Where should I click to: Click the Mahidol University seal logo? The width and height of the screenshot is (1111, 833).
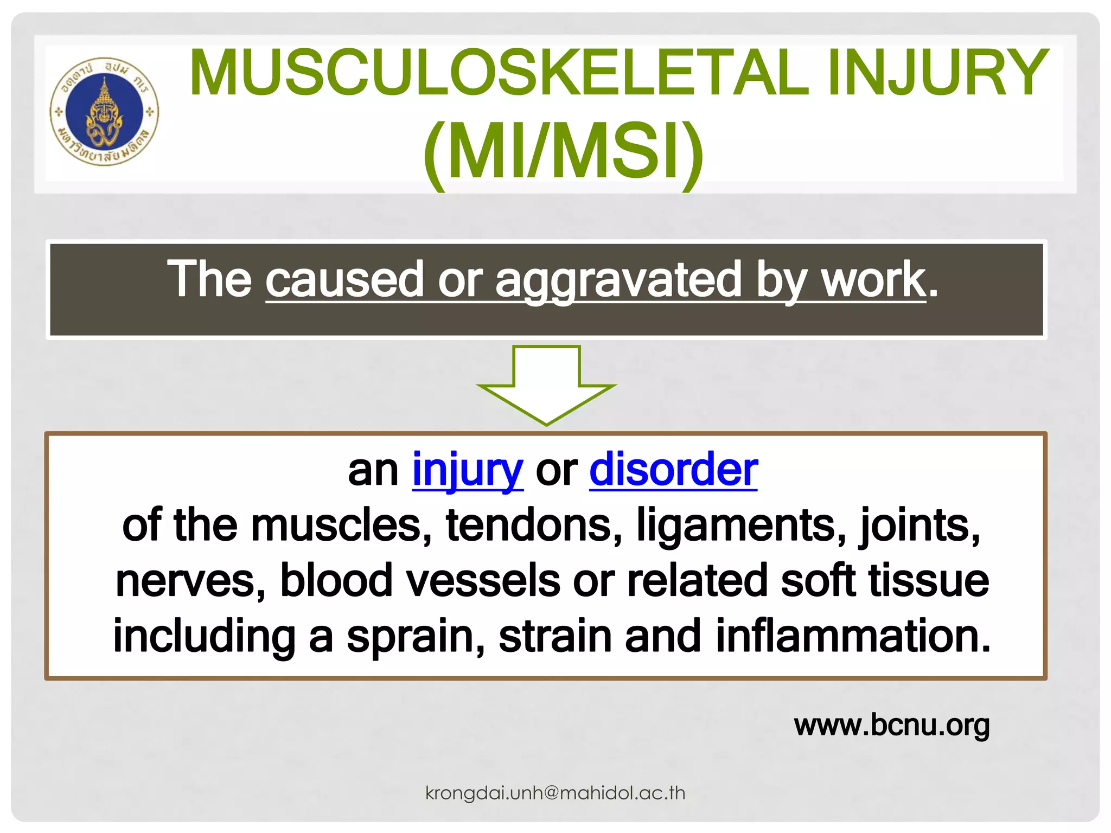pos(104,112)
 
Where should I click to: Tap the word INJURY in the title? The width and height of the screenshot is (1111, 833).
pos(938,73)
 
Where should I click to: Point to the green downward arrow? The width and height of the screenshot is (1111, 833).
pos(546,385)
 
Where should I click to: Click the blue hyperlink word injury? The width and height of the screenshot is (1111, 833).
pos(468,470)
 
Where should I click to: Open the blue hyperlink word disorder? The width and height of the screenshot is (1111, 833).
pos(673,470)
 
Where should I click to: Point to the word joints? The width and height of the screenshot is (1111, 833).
pos(920,526)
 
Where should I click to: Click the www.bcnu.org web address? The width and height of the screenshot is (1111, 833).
pos(892,726)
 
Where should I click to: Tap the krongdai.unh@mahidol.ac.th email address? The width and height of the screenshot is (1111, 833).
pos(555,793)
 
